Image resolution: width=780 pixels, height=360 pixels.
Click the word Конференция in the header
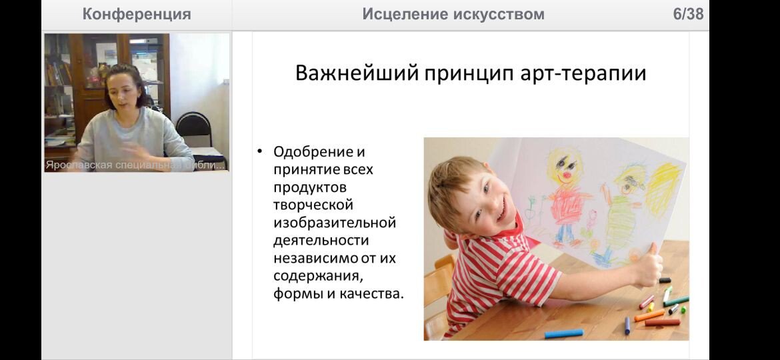pyautogui.click(x=136, y=14)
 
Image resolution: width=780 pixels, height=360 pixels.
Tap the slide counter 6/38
pyautogui.click(x=689, y=14)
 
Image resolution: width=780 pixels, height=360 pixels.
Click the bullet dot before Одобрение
pyautogui.click(x=260, y=151)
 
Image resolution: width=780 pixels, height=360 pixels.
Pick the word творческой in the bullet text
pyautogui.click(x=313, y=205)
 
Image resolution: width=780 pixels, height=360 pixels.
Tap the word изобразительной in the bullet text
pyautogui.click(x=334, y=222)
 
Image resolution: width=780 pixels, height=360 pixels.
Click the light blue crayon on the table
pyautogui.click(x=563, y=333)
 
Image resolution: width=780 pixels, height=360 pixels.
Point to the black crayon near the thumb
pyautogui.click(x=665, y=280)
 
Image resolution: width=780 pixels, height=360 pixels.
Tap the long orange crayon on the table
pyautogui.click(x=649, y=315)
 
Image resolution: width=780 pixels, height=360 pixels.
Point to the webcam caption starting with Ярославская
pyautogui.click(x=135, y=165)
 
